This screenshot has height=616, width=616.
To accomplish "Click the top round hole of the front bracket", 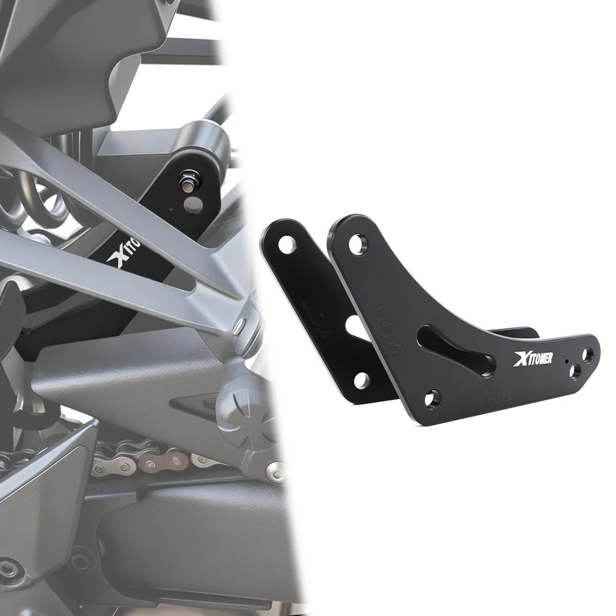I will (357, 244).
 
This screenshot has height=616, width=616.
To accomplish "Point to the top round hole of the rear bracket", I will (287, 244).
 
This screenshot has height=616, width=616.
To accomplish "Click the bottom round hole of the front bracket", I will (432, 399).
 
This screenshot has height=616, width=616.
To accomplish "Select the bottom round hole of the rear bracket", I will (362, 380).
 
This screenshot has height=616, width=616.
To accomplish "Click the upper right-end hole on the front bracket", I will (588, 354).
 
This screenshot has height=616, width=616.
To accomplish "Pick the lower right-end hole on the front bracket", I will (575, 371).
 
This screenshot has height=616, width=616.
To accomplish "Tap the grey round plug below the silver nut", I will (193, 205).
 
